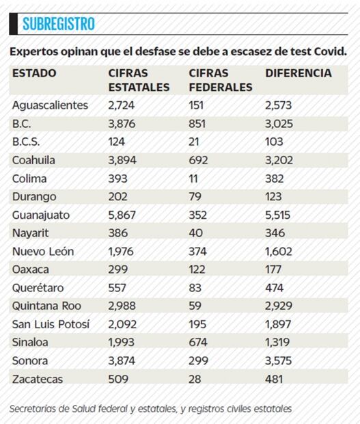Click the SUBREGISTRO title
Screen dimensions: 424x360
point(58,25)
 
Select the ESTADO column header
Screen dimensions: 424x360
point(34,73)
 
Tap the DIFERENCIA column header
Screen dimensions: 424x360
point(298,73)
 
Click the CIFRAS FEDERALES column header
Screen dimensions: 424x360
point(221,80)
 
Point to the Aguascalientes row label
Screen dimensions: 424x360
point(51,105)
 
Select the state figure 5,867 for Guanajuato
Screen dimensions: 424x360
point(123,215)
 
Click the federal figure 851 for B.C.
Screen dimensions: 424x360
point(199,124)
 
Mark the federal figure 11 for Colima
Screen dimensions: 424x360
point(194,178)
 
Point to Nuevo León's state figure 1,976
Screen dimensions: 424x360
point(123,251)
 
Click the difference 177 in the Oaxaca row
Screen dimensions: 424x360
point(275,269)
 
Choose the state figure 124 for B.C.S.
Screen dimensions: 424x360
point(117,142)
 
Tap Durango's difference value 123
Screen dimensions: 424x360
point(275,196)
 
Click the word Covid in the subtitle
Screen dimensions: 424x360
point(329,51)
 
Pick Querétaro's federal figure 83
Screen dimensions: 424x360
point(196,287)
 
